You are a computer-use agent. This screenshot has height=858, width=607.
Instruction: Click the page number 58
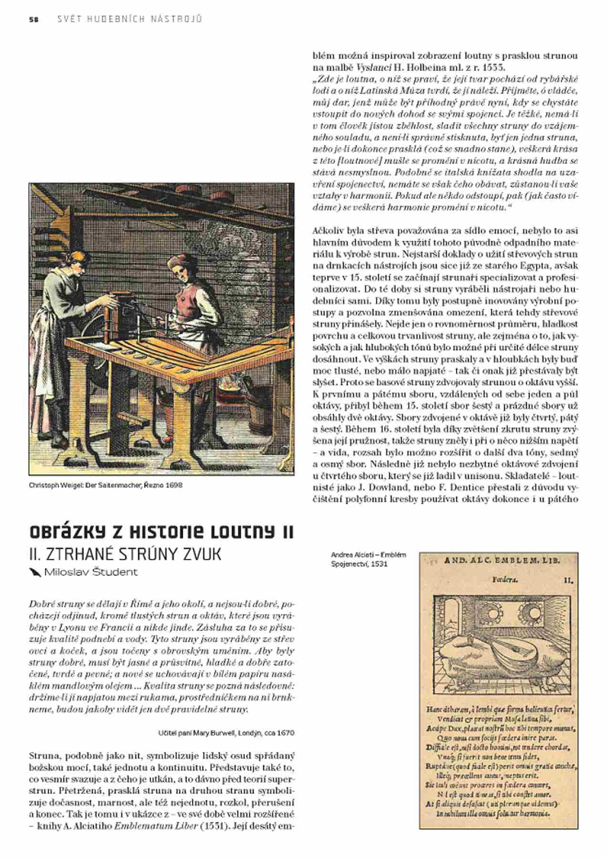pyautogui.click(x=33, y=20)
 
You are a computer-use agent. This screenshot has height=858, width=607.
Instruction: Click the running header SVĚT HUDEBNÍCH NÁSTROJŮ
pyautogui.click(x=129, y=20)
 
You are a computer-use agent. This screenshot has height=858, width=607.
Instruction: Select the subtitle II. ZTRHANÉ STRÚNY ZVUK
pyautogui.click(x=125, y=554)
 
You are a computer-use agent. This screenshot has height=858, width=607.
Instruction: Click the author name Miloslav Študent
pyautogui.click(x=90, y=572)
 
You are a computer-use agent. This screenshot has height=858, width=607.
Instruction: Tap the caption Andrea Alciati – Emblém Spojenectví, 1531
pyautogui.click(x=368, y=559)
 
